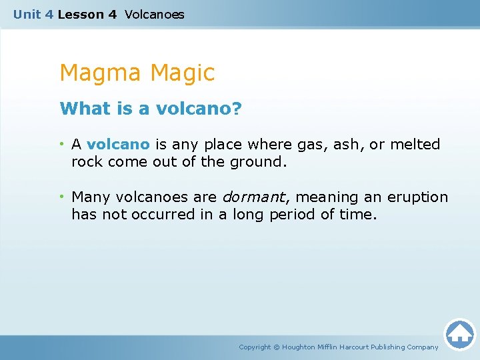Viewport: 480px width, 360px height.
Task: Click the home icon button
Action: click(459, 334)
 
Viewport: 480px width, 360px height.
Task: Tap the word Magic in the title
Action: click(183, 73)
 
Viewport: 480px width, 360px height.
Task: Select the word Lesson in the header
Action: click(77, 14)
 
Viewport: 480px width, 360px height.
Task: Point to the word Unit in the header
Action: click(27, 14)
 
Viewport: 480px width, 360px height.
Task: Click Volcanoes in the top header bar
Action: click(154, 14)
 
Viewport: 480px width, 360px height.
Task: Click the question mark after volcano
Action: click(236, 109)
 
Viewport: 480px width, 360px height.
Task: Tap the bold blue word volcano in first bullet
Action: click(118, 144)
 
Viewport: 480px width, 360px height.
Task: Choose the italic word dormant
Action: click(253, 197)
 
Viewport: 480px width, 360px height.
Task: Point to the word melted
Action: click(415, 144)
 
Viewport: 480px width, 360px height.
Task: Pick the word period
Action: click(291, 215)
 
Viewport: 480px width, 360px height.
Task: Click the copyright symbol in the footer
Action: click(277, 347)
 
